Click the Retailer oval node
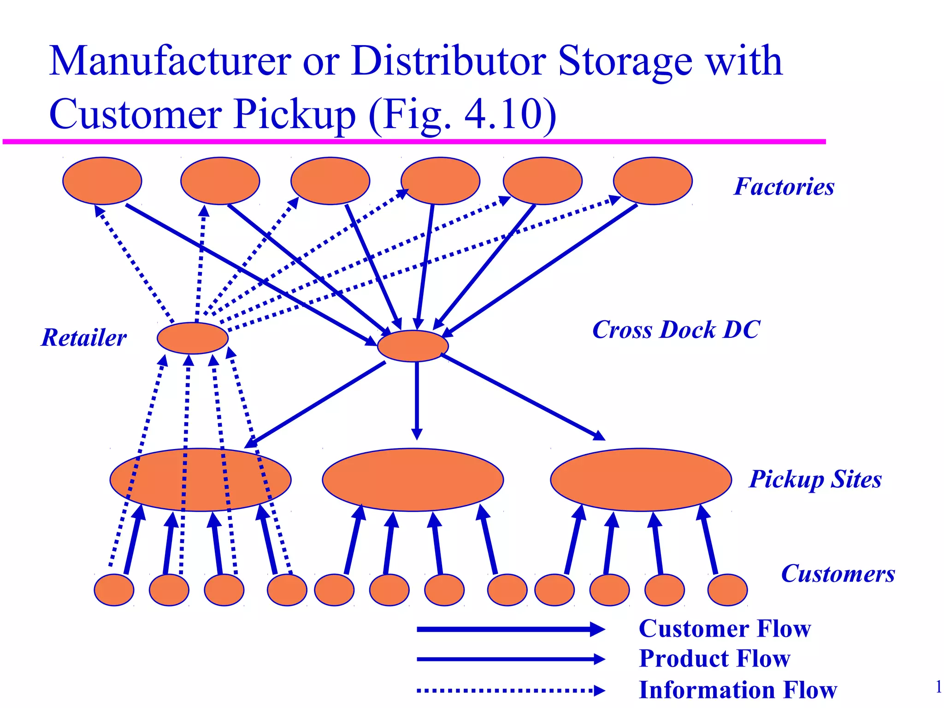click(193, 338)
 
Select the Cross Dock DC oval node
click(413, 346)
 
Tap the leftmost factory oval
click(102, 181)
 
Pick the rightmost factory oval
click(653, 181)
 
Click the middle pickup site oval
click(413, 479)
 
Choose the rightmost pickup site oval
click(641, 479)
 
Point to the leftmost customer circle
click(114, 590)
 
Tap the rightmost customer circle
click(727, 590)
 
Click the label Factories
click(784, 187)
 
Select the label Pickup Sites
click(815, 479)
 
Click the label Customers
click(838, 574)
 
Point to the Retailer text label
click(84, 337)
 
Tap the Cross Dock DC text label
click(676, 330)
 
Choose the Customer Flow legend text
click(725, 629)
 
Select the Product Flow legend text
click(714, 658)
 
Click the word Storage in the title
click(625, 61)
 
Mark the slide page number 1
click(938, 687)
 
